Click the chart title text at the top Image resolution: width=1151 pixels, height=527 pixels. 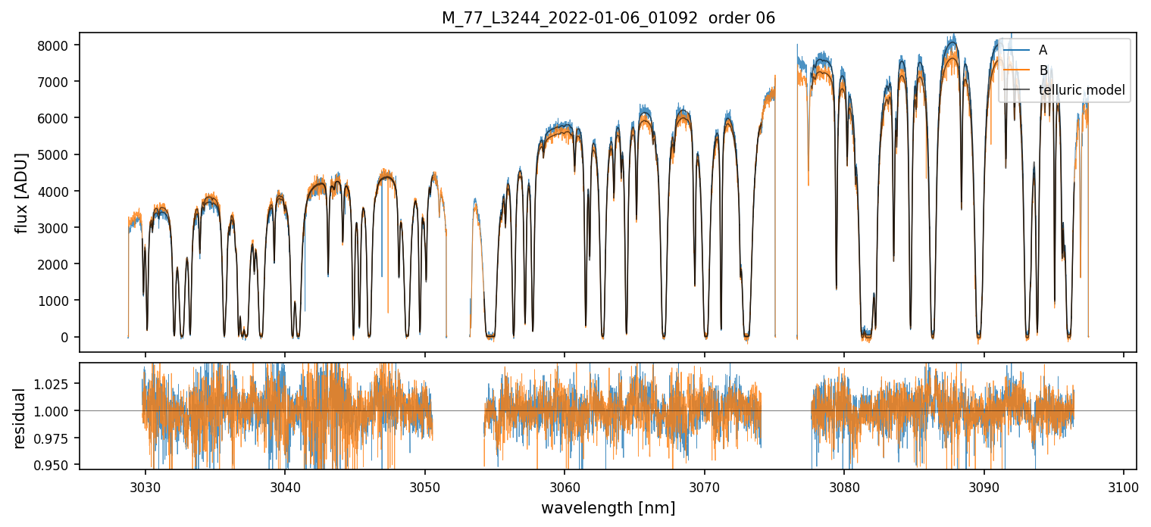(608, 18)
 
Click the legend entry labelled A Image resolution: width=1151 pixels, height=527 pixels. (1043, 50)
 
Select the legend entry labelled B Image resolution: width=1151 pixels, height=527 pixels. (1043, 70)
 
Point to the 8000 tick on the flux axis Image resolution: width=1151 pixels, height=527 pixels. (58, 45)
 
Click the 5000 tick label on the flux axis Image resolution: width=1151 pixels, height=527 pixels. (58, 155)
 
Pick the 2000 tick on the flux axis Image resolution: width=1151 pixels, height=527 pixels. (58, 264)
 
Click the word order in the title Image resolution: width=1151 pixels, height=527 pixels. (730, 18)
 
